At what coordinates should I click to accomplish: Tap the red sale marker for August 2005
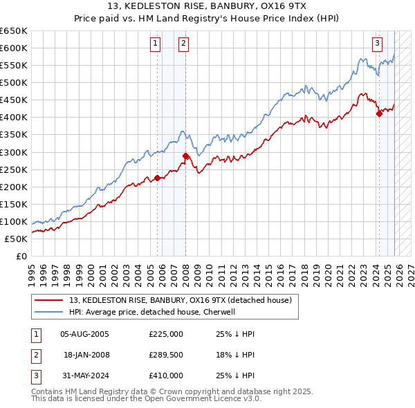(157, 178)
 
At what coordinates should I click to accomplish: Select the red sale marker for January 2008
(186, 156)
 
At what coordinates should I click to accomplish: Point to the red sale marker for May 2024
(379, 114)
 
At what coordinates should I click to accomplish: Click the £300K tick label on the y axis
(15, 152)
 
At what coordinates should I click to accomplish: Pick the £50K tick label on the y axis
(17, 239)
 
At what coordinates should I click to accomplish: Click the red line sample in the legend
(49, 300)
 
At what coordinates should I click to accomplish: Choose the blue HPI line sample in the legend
(49, 312)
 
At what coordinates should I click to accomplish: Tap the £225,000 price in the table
(166, 334)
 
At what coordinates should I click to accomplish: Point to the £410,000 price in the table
(166, 375)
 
